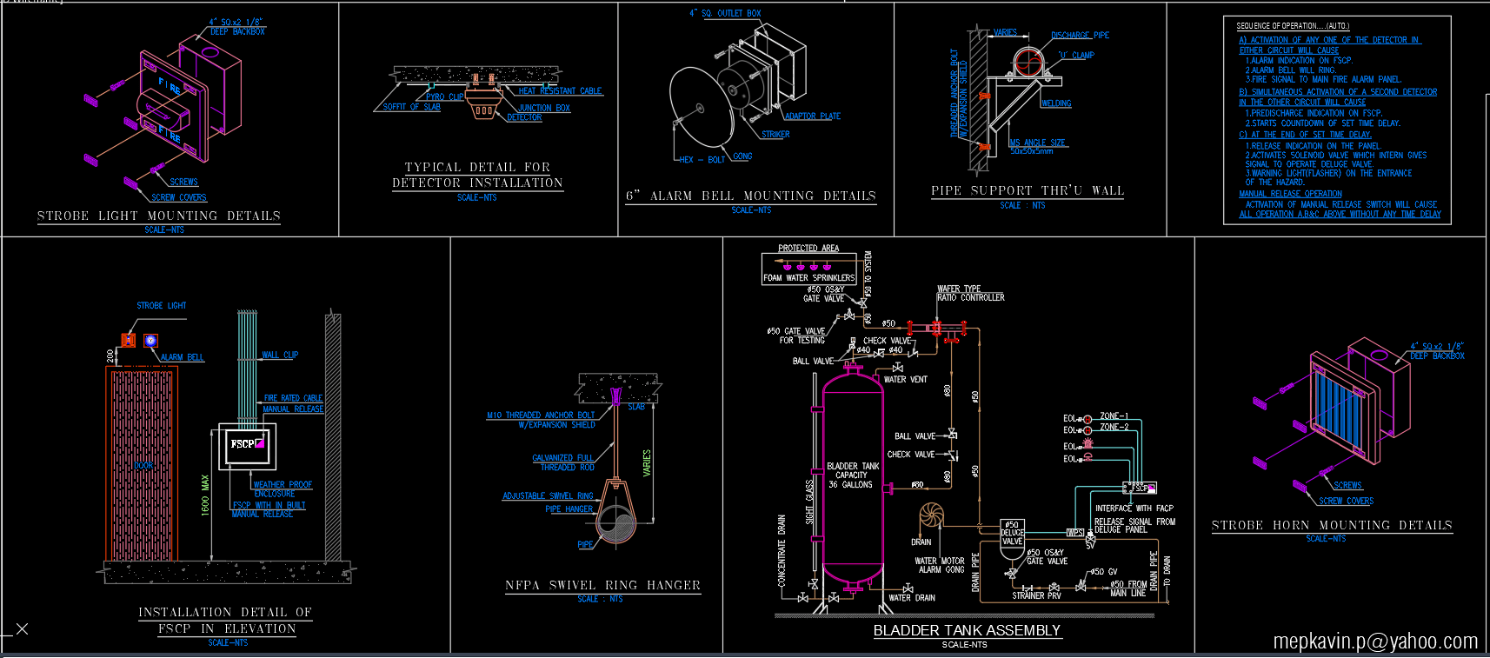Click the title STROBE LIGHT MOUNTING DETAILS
point(158,216)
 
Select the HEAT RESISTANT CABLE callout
point(560,90)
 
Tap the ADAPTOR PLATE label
point(812,116)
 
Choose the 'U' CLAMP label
point(1075,55)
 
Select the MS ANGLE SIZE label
point(1037,143)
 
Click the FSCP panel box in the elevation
point(247,446)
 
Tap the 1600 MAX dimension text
point(205,495)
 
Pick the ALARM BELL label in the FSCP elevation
point(182,357)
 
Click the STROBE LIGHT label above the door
point(161,306)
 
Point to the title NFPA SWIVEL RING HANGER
point(602,585)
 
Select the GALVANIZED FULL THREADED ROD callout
point(563,462)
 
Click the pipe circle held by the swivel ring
point(617,524)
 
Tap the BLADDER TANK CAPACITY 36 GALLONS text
point(852,475)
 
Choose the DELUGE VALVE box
point(1012,533)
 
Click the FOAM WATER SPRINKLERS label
point(808,278)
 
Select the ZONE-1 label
point(1114,415)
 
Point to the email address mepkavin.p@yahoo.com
point(1374,641)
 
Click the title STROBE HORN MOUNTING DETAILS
point(1331,525)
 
